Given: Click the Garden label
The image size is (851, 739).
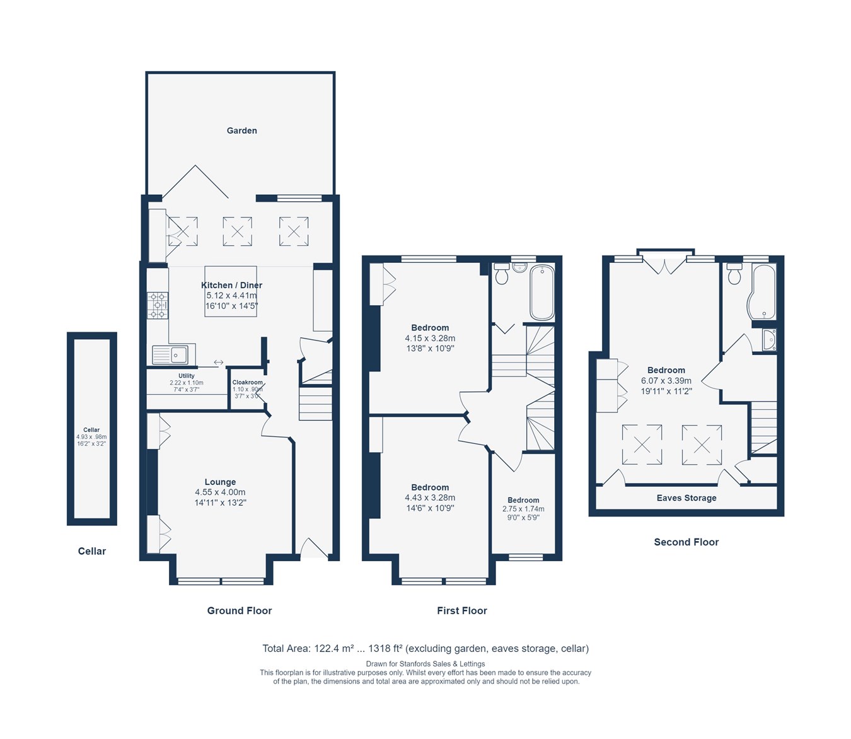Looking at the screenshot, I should (241, 131).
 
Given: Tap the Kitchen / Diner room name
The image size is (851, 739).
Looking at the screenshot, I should (231, 285).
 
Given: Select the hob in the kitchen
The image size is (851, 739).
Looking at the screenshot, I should (158, 305).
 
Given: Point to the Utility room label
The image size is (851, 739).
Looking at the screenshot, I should (186, 376).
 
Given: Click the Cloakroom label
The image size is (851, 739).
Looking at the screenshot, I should (247, 382).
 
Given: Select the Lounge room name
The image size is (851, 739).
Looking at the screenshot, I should (220, 482).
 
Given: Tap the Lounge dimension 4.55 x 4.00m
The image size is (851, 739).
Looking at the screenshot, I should (220, 492).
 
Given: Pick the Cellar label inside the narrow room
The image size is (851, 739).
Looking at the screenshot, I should (91, 430).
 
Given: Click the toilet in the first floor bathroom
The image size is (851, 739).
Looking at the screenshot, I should (502, 274).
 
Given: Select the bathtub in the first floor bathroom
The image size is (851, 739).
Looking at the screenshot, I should (541, 293).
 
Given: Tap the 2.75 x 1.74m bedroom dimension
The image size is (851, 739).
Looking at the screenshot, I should (523, 509).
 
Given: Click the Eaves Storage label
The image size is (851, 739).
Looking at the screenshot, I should (686, 498).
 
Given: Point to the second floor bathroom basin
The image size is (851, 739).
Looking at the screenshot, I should (768, 340).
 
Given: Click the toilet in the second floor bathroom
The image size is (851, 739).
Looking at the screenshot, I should (734, 274).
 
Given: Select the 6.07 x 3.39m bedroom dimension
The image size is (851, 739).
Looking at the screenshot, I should (666, 381).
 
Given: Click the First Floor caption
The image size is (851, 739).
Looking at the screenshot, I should (461, 610).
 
